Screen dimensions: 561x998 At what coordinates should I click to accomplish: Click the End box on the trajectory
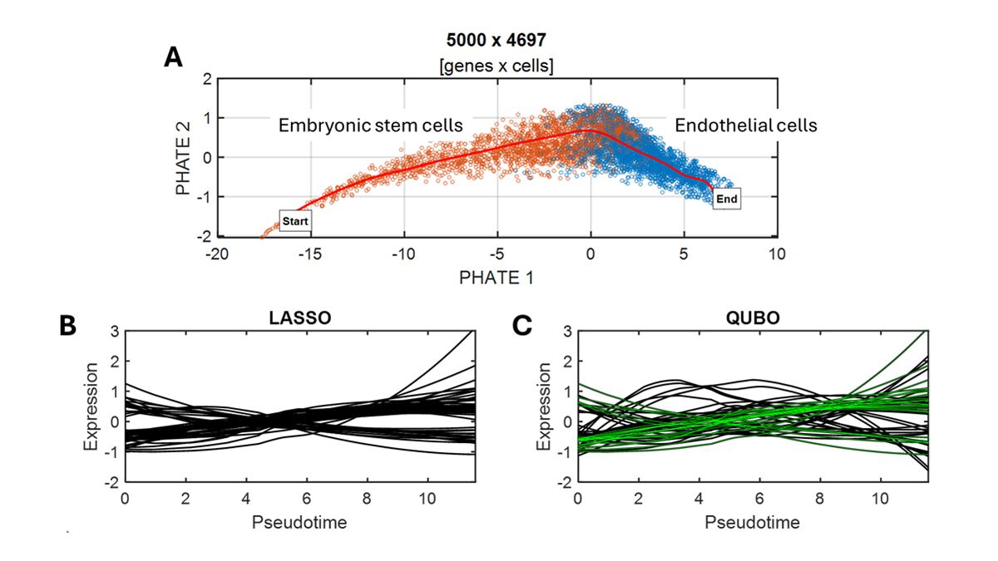pyautogui.click(x=726, y=199)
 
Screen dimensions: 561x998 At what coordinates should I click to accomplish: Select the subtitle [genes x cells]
pyautogui.click(x=497, y=66)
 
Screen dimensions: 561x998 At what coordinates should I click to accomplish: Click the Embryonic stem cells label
pyautogui.click(x=369, y=125)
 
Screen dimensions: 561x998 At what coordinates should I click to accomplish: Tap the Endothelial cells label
pyautogui.click(x=745, y=125)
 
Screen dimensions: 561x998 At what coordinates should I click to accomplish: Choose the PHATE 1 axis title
pyautogui.click(x=496, y=278)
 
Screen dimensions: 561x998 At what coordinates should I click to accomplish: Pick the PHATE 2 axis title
pyautogui.click(x=185, y=158)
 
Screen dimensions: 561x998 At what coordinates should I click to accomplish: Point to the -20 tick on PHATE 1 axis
pyautogui.click(x=217, y=253)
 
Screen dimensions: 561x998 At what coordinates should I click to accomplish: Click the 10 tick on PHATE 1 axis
pyautogui.click(x=776, y=253)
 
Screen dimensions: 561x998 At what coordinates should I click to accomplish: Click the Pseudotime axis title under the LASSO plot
pyautogui.click(x=299, y=523)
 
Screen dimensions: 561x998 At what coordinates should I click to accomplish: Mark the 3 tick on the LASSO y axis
pyautogui.click(x=115, y=332)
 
